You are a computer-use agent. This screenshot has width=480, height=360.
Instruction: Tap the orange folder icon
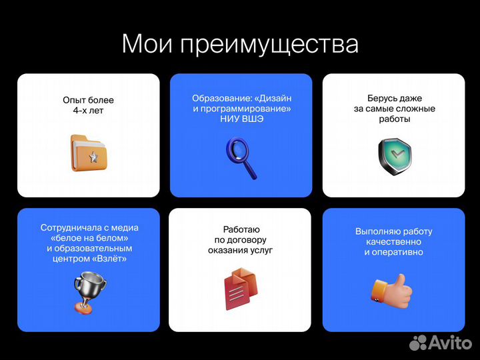[88, 152]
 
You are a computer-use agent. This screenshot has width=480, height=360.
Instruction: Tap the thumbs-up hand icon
[392, 291]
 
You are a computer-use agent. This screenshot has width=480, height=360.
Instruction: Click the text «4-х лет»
[88, 111]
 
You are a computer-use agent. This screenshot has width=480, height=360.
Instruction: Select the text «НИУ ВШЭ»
[241, 119]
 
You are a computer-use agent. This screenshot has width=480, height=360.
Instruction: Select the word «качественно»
[393, 242]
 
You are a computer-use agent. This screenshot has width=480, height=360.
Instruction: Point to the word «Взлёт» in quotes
[111, 259]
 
